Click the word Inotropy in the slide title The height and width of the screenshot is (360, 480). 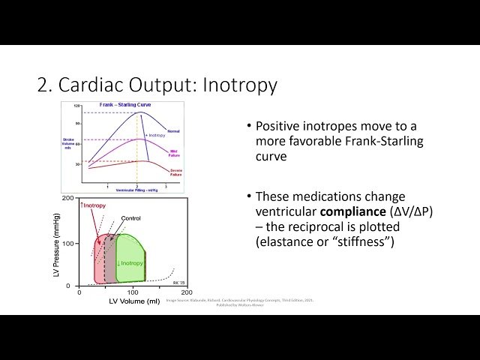240,85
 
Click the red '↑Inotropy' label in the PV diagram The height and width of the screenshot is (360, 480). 94,205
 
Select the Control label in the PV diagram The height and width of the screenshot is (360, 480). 130,218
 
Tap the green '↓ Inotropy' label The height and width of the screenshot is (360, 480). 130,262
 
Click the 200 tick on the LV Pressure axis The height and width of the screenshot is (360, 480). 67,199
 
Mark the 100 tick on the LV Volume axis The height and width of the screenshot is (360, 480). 133,292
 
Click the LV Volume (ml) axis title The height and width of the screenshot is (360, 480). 133,302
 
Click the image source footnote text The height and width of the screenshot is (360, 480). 240,301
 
